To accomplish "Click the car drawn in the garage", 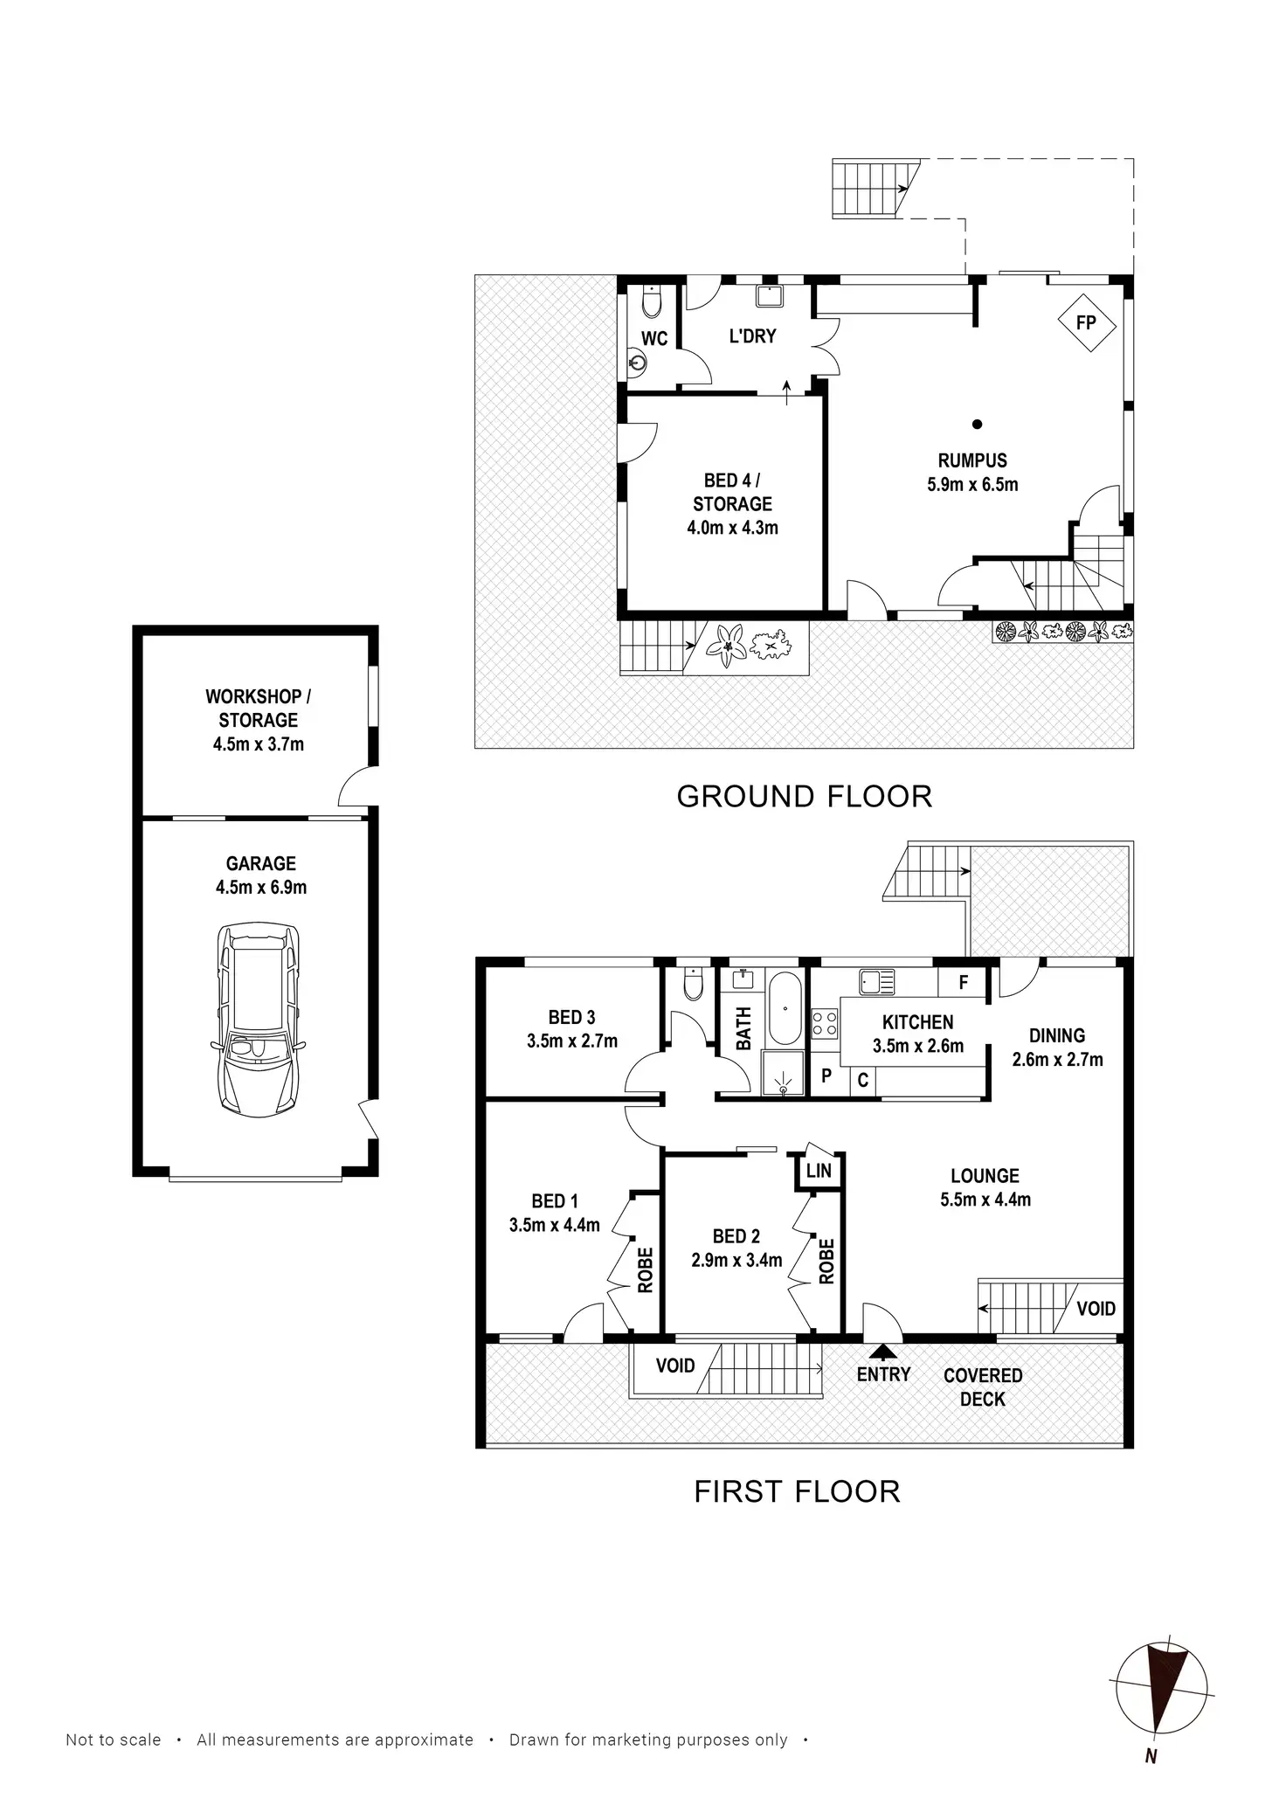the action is tap(259, 1020).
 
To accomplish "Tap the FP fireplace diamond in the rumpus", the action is tap(1087, 323).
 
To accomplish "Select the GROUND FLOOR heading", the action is tap(805, 797).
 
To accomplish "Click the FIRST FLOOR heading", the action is tap(797, 1491).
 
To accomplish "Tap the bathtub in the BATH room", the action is tap(784, 1008).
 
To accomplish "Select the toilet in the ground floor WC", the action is tap(652, 301).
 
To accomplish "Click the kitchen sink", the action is tap(876, 982).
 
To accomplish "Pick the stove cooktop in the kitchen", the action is tap(825, 1023).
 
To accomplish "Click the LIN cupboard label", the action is tap(819, 1170).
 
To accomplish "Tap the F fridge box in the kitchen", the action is tap(963, 983).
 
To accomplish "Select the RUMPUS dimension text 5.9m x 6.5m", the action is tap(972, 485).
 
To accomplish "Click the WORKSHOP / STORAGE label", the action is tap(258, 709).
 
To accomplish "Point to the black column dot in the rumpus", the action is tap(978, 425).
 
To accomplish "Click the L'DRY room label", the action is tap(752, 336).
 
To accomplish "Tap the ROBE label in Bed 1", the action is tap(645, 1270).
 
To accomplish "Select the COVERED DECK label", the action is tap(983, 1387).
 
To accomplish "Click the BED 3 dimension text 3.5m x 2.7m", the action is tap(572, 1041).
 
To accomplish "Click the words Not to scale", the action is tap(114, 1740).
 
